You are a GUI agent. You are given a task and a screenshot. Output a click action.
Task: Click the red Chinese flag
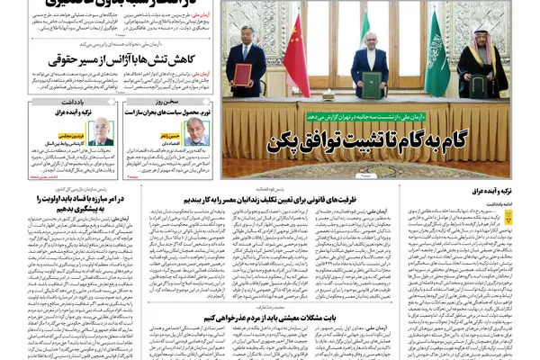pyautogui.click(x=296, y=54)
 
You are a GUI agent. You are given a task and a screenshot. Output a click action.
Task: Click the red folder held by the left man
pyautogui.click(x=242, y=74)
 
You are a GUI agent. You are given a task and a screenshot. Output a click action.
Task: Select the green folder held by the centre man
pyautogui.click(x=370, y=84)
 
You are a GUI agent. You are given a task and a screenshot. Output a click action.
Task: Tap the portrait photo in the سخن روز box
pyautogui.click(x=194, y=131)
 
